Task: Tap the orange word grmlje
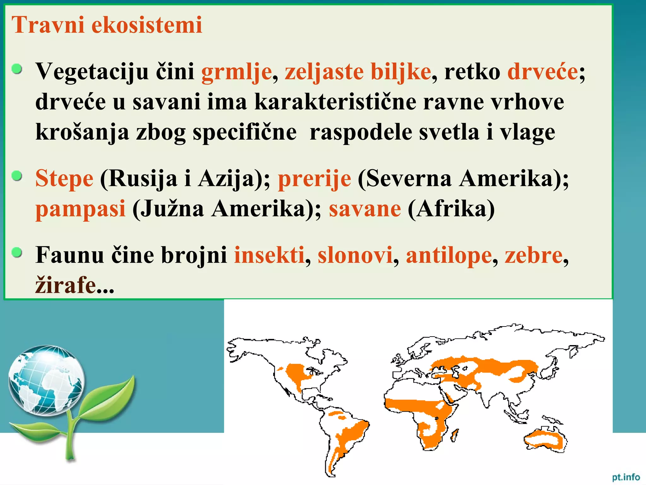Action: (236, 72)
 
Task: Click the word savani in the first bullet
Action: (166, 102)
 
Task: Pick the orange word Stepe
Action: (64, 179)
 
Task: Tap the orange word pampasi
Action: (80, 209)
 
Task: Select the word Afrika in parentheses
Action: (451, 209)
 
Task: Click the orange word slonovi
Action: (355, 255)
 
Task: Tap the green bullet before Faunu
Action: (17, 252)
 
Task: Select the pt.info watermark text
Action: (626, 477)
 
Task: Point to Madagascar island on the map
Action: (455, 436)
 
